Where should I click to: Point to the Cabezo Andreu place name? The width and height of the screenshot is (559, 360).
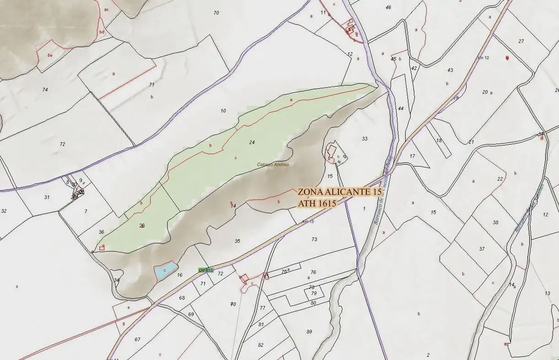coord(273,165)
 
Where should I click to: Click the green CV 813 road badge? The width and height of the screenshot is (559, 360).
coord(206,270)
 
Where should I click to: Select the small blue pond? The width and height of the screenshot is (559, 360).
coord(165,270)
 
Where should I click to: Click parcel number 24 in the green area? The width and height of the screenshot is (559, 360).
coord(252,142)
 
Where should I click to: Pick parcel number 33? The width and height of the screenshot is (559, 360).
coord(364,139)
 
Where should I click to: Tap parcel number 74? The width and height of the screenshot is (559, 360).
coord(45,90)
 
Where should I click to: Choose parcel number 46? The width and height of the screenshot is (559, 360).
coord(388,7)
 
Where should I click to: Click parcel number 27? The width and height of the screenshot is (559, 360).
coord(521,42)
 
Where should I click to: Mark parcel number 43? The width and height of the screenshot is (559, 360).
coord(450,70)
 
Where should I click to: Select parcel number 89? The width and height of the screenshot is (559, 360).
coord(309,332)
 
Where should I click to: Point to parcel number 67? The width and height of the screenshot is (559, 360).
coord(137,339)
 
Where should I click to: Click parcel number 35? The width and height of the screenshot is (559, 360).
coord(237,241)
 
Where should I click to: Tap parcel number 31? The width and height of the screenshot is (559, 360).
coord(47,197)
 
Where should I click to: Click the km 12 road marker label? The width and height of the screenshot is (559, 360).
coord(483,58)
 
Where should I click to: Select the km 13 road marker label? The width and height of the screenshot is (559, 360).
coord(308,222)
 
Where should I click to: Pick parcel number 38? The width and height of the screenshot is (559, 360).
coord(495,222)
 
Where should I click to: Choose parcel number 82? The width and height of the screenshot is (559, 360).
coord(261,345)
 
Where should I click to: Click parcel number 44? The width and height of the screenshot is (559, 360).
coord(401,108)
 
